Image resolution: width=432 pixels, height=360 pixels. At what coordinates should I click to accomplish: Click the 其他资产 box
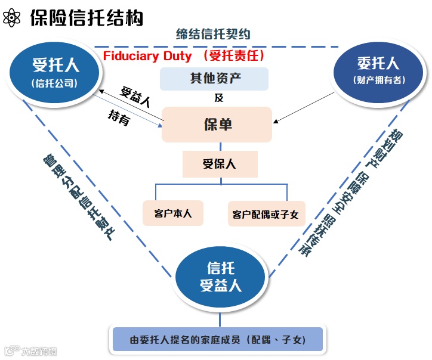214,78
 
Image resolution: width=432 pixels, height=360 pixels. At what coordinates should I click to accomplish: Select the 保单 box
217,125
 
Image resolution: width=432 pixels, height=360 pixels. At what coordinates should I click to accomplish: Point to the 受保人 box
219,164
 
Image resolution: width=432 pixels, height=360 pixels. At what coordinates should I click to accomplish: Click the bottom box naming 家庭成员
217,340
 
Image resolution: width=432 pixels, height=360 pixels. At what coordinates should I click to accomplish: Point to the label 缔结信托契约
212,34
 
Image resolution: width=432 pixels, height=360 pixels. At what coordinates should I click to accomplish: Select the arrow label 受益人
135,95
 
